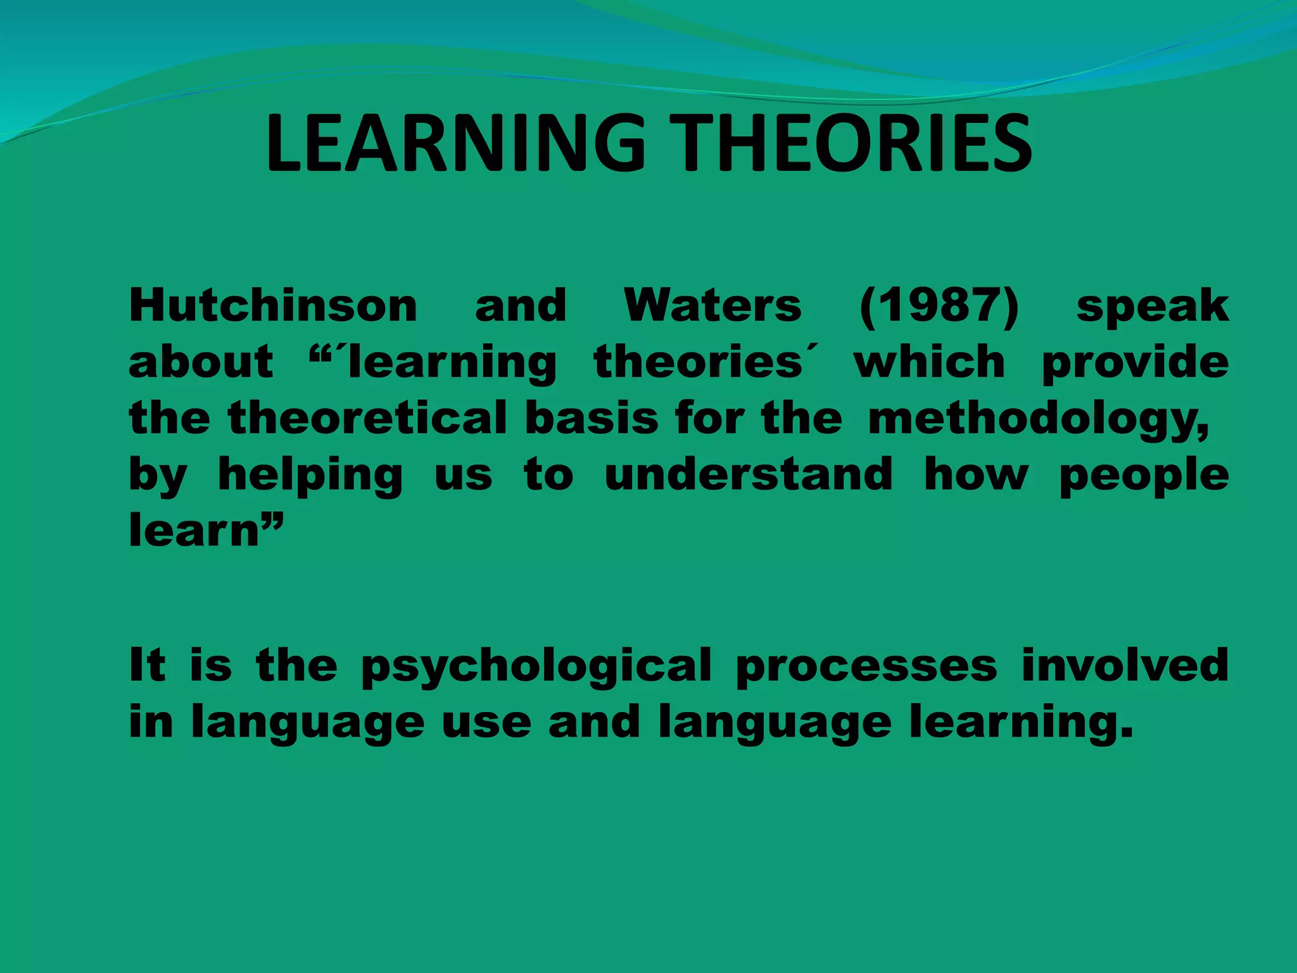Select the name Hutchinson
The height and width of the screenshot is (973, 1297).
click(273, 305)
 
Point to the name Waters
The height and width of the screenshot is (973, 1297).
click(713, 305)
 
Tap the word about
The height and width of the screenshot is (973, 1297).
click(201, 362)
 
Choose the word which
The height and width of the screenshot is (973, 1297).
click(929, 362)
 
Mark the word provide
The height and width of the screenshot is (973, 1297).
click(1136, 363)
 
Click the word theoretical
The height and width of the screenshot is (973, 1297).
click(368, 418)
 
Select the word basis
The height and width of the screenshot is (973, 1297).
click(592, 418)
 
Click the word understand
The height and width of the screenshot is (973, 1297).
click(749, 474)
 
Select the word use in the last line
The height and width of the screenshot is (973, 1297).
click(486, 723)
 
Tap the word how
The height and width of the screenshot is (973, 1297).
click(976, 474)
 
